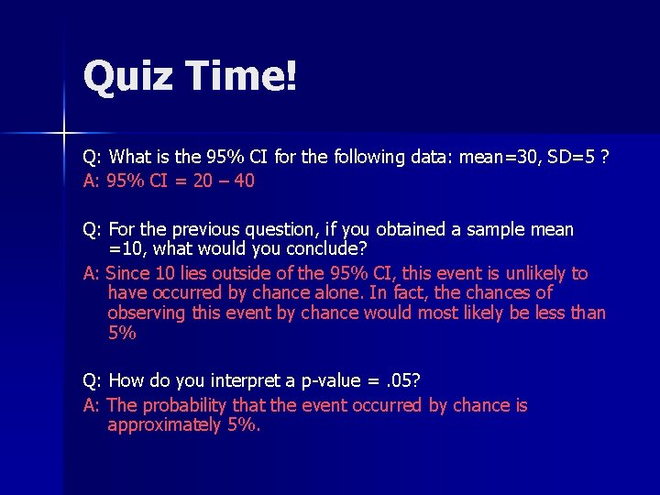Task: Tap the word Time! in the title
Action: point(240,76)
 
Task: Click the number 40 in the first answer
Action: point(245,181)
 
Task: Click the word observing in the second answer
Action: point(147,313)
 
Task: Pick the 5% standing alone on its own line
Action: point(122,333)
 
